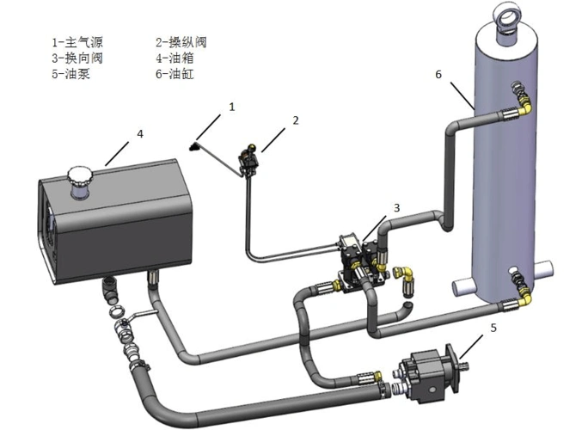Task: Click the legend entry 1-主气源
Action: coord(74,41)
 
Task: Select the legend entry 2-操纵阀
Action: coord(181,41)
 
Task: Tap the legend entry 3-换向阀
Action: coord(74,58)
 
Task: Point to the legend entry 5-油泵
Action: coord(69,74)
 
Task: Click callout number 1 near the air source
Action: coord(231,107)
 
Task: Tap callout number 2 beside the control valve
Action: coord(296,120)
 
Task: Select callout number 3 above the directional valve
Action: coord(396,208)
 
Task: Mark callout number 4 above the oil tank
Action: coord(139,134)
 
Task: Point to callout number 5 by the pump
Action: coord(493,327)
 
